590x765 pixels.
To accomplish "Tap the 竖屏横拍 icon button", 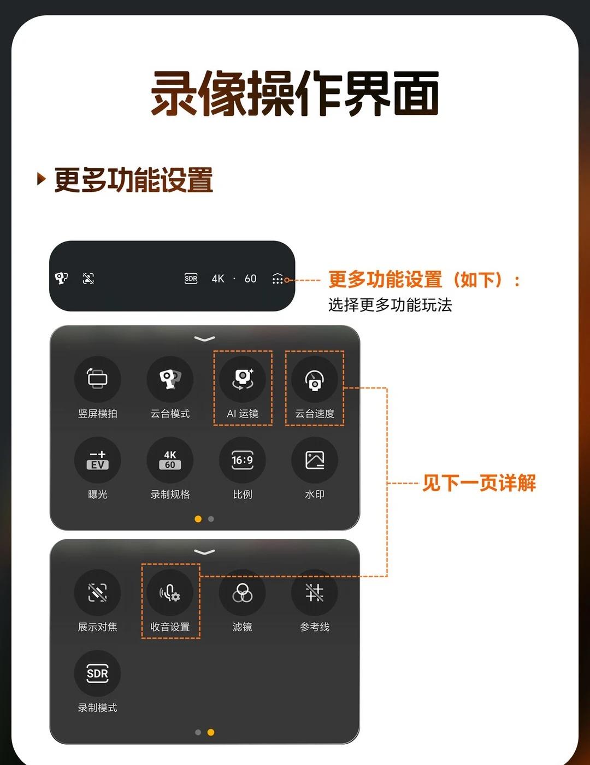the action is pos(97,379).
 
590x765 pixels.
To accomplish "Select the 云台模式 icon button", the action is pos(170,379).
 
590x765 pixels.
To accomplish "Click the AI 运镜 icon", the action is pos(243,379).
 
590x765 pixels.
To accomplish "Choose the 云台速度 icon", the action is pos(315,379).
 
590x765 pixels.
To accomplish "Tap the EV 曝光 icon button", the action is pos(97,460).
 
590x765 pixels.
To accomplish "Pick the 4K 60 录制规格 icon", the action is pos(170,460).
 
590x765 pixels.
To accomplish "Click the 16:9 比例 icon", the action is pos(243,460).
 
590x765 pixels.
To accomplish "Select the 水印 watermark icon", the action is pos(315,460).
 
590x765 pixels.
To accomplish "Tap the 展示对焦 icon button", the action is pos(97,592).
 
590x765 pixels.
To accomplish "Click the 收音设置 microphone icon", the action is pos(170,592).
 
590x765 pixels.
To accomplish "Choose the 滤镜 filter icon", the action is pos(243,592).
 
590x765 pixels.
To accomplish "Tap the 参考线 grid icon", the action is pos(315,592).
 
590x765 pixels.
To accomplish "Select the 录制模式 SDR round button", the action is pos(97,673).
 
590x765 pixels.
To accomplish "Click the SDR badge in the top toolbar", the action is pos(191,279).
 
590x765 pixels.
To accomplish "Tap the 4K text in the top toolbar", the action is pos(218,279).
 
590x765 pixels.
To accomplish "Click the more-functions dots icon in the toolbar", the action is pos(278,279).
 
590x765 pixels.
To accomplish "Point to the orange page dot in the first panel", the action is pos(198,519).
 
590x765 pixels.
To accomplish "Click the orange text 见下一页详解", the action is pos(479,483).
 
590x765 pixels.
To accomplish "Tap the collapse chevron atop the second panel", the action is pos(204,552).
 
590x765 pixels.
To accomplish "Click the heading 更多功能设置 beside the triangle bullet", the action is pos(134,180).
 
